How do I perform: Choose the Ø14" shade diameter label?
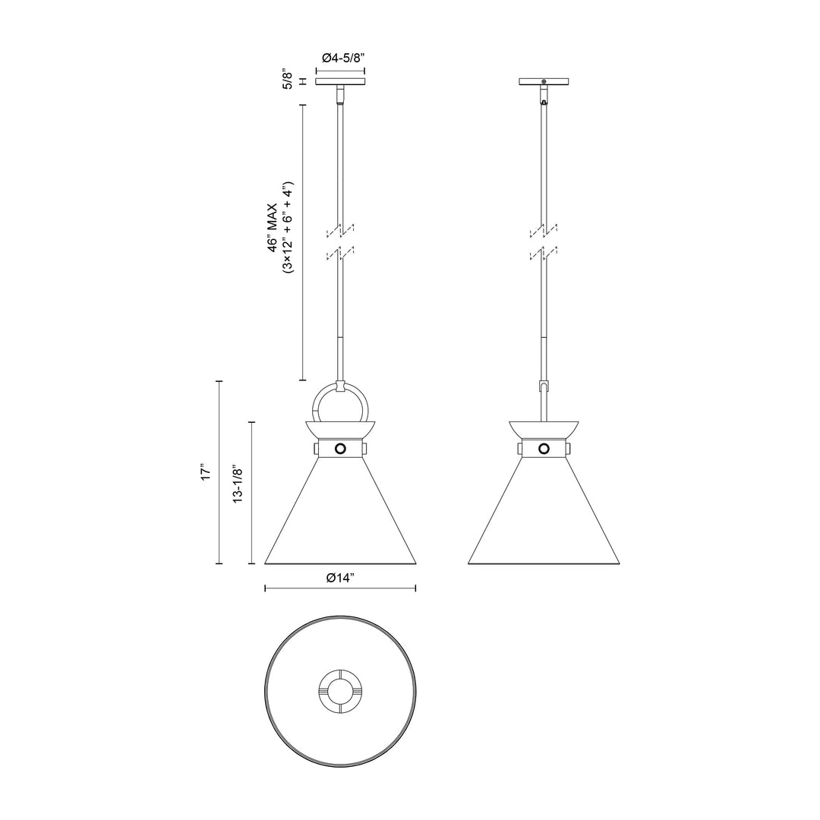pyautogui.click(x=339, y=579)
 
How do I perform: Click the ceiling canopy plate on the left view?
pyautogui.click(x=340, y=81)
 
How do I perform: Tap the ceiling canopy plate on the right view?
pyautogui.click(x=544, y=81)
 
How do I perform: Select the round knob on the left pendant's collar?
pyautogui.click(x=340, y=448)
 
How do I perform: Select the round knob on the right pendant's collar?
pyautogui.click(x=544, y=448)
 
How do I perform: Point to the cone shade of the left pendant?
pyautogui.click(x=340, y=516)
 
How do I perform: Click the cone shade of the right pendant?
pyautogui.click(x=544, y=516)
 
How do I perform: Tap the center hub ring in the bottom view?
pyautogui.click(x=340, y=690)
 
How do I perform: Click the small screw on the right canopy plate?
pyautogui.click(x=544, y=81)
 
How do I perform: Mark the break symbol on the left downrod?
pyautogui.click(x=340, y=241)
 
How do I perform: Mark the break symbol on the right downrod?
pyautogui.click(x=544, y=241)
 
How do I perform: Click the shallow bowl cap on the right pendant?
pyautogui.click(x=544, y=428)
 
